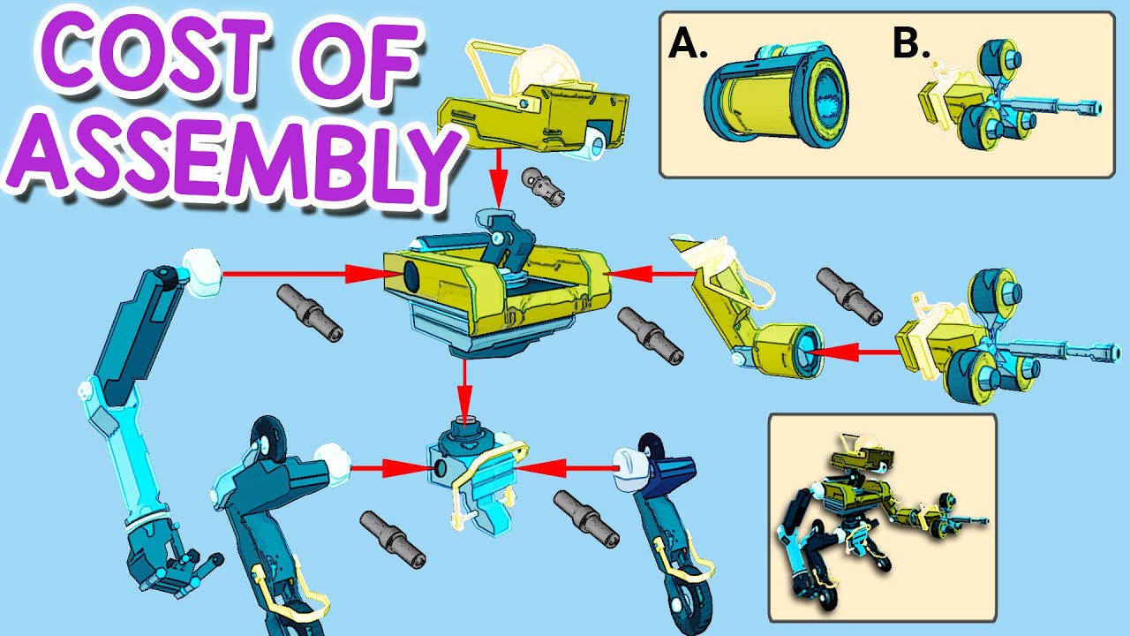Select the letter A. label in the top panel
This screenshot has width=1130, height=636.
[x=688, y=43]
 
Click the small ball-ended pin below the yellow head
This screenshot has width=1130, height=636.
[x=543, y=185]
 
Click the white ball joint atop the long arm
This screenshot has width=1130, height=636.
[x=202, y=273]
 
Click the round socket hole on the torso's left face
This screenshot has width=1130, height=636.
[x=411, y=276]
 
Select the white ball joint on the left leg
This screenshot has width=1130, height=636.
[x=333, y=465]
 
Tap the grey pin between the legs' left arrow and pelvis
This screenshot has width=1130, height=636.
[x=393, y=540]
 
